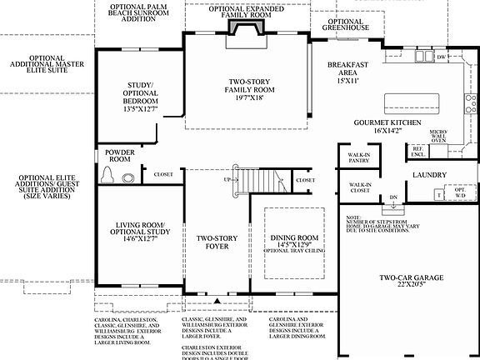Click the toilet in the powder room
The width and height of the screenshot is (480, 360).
[x=107, y=175]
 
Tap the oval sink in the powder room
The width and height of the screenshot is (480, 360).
[x=127, y=177]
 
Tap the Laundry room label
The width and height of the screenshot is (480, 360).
[x=429, y=176]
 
